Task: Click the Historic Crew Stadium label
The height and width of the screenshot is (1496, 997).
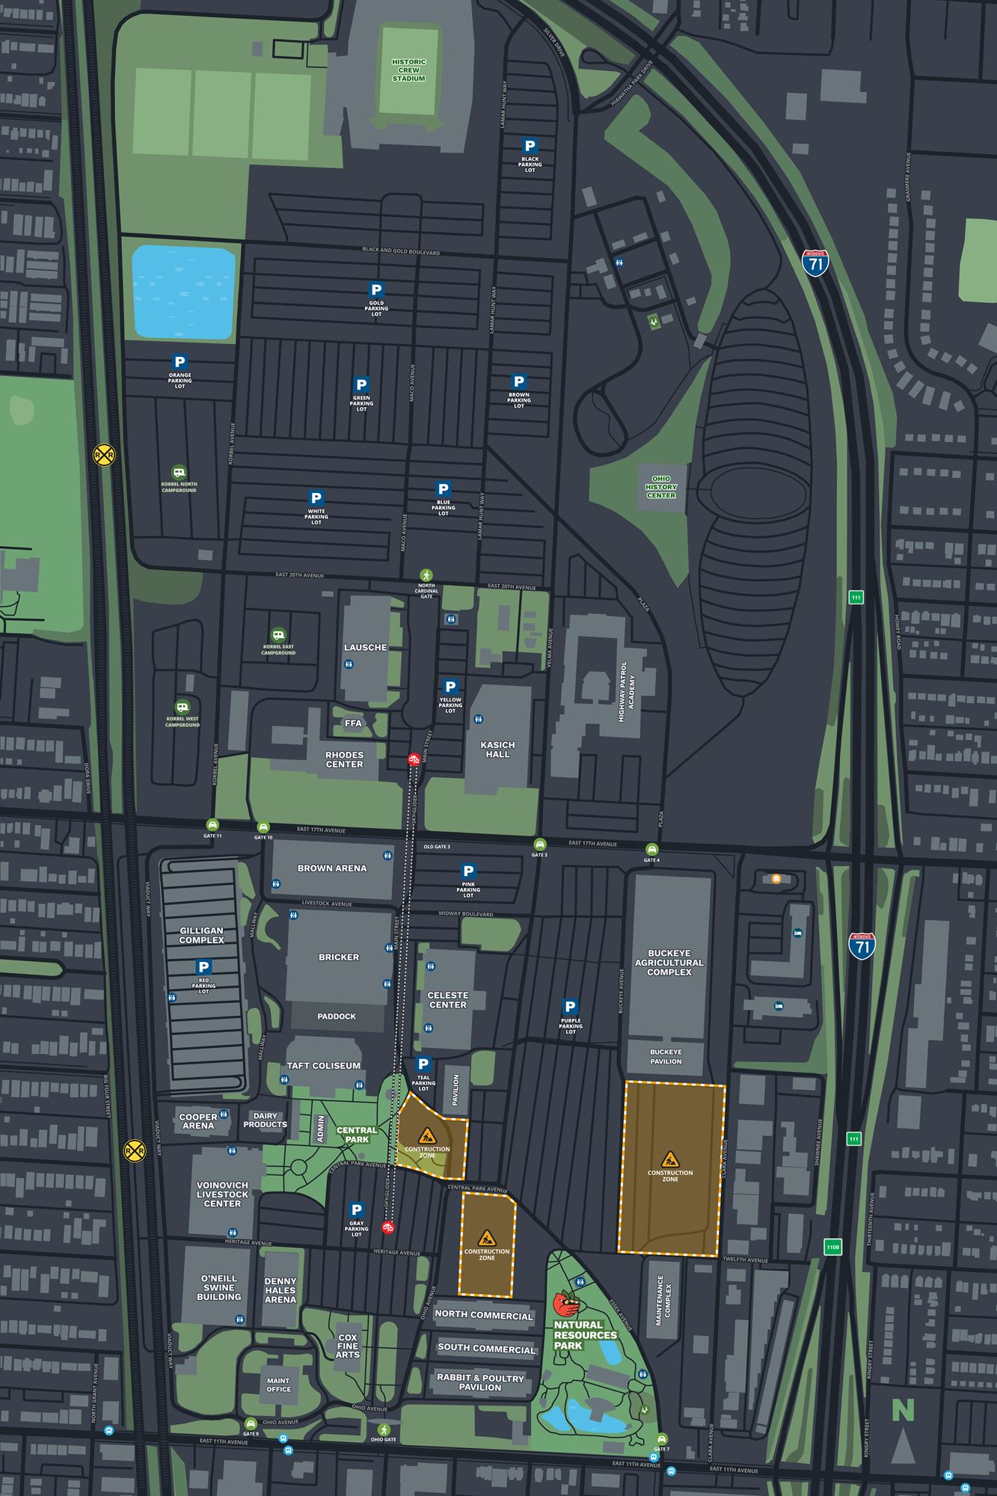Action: [408, 70]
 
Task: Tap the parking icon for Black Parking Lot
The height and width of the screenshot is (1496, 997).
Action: [530, 147]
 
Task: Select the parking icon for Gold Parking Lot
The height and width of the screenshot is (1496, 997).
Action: [376, 289]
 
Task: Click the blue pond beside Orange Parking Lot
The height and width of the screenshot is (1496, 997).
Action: [183, 292]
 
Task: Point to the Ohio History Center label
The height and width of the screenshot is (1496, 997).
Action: [661, 487]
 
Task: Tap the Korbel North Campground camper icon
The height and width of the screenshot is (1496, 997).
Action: [179, 473]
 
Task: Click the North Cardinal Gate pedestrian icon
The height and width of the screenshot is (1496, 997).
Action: [426, 575]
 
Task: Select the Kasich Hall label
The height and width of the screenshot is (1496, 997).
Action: [497, 749]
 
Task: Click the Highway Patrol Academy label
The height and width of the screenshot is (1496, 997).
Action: [627, 690]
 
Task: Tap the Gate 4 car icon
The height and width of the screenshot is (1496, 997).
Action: [651, 850]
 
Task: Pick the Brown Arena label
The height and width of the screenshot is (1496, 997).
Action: [332, 868]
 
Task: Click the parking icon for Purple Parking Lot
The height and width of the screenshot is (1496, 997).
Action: [570, 1007]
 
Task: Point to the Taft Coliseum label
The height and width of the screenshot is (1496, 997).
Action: [324, 1065]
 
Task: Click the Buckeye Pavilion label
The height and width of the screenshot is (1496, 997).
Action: [666, 1056]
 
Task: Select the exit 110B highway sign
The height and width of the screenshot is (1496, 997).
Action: [833, 1247]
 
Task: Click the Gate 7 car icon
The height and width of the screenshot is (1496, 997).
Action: [661, 1438]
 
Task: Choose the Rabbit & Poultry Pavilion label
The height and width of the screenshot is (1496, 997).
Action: [480, 1382]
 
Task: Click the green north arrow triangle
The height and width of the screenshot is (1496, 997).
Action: [903, 1444]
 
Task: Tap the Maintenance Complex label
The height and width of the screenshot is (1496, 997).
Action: [663, 1300]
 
